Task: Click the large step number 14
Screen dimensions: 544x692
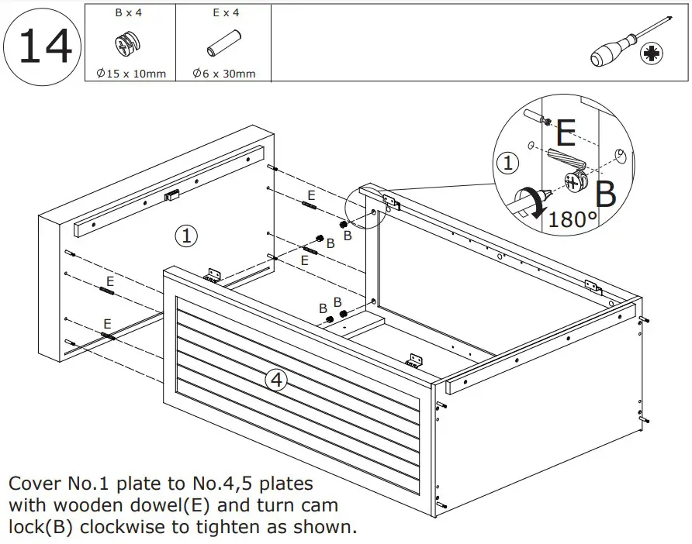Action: tap(44, 46)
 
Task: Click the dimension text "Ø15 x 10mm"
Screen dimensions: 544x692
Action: tap(130, 74)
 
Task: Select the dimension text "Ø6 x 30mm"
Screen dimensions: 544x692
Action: tap(224, 74)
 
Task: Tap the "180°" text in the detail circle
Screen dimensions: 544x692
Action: tap(573, 219)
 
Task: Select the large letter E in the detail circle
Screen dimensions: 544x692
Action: tap(566, 135)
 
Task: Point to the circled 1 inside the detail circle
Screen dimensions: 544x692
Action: tap(507, 164)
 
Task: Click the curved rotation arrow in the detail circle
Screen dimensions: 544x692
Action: tap(531, 201)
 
